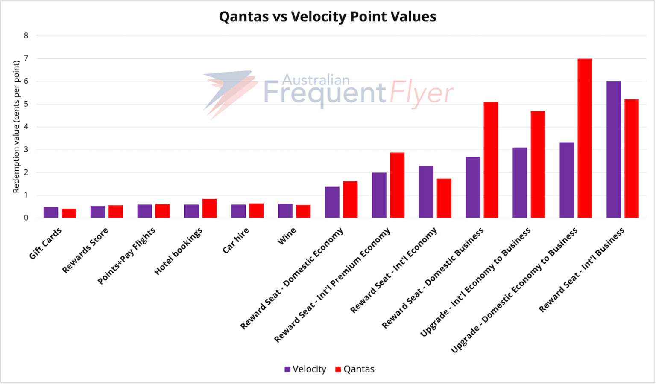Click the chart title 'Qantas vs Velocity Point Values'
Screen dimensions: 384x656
pyautogui.click(x=328, y=17)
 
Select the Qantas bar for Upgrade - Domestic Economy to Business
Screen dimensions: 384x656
pyautogui.click(x=584, y=138)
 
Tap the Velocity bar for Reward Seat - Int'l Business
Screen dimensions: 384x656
pyautogui.click(x=613, y=150)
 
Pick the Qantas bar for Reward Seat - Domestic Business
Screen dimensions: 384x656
pyautogui.click(x=491, y=160)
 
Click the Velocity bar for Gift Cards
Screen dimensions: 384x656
pyautogui.click(x=51, y=212)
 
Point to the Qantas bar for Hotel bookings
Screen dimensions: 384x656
pyautogui.click(x=209, y=209)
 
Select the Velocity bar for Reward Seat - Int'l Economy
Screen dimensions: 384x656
pyautogui.click(x=426, y=192)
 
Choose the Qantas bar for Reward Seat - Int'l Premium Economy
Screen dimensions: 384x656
pyautogui.click(x=397, y=185)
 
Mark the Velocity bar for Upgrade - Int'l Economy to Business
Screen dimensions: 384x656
pyautogui.click(x=520, y=183)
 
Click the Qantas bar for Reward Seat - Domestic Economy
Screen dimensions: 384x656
pyautogui.click(x=350, y=200)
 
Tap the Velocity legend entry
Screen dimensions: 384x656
pyautogui.click(x=305, y=369)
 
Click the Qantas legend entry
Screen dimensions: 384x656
pyautogui.click(x=355, y=369)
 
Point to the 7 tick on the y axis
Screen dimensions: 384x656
pyautogui.click(x=26, y=58)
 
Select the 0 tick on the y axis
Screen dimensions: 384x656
pyautogui.click(x=26, y=218)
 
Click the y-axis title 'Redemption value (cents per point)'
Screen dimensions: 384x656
pyautogui.click(x=16, y=127)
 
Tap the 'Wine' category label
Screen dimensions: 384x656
pyautogui.click(x=287, y=236)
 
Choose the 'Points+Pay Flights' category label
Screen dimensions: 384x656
pyautogui.click(x=126, y=256)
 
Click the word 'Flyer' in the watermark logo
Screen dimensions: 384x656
pyautogui.click(x=421, y=93)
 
